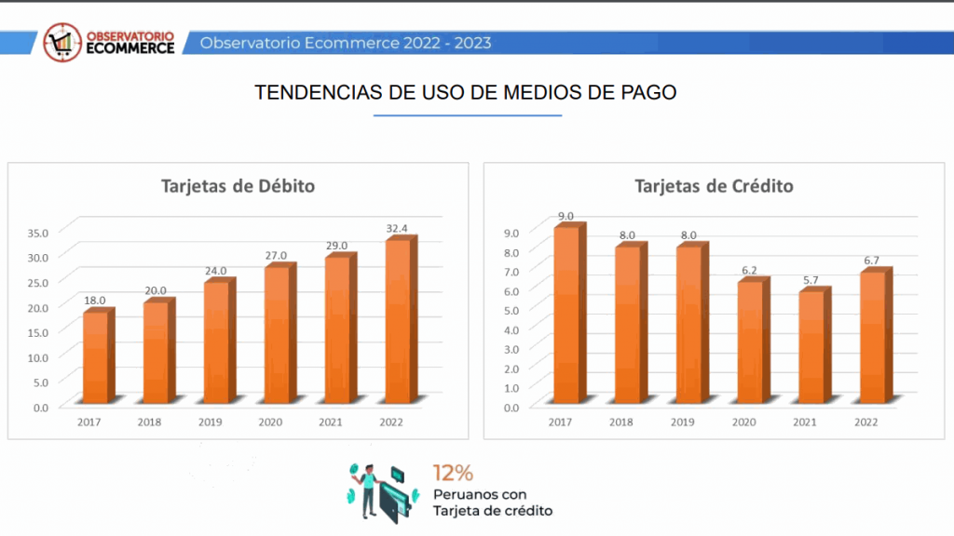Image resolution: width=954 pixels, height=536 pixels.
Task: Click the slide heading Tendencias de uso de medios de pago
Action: [466, 93]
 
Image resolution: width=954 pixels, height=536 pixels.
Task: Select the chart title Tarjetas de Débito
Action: [238, 186]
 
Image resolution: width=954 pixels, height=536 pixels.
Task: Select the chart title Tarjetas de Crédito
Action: [714, 186]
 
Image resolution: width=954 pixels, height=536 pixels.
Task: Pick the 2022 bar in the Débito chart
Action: [397, 321]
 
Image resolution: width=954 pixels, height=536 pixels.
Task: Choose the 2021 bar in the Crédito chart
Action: [811, 347]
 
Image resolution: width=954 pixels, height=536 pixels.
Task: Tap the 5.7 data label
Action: [812, 280]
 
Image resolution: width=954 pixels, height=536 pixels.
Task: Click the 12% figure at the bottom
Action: [453, 473]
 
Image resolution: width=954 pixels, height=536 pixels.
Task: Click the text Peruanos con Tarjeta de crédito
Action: [492, 502]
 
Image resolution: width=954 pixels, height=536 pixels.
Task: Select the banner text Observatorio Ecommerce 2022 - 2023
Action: [346, 43]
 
